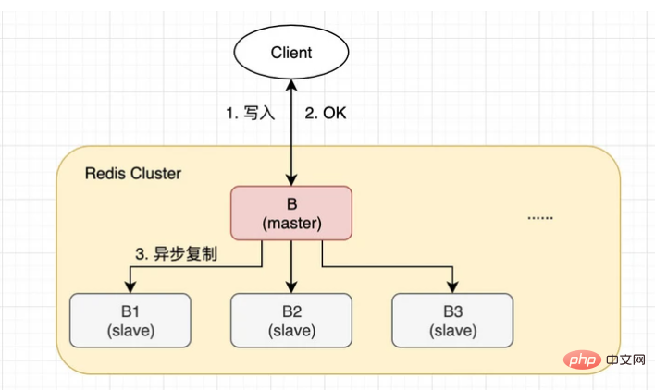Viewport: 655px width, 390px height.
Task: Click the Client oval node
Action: (291, 52)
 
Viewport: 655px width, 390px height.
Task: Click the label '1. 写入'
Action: (251, 114)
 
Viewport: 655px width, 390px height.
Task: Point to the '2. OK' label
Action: (327, 114)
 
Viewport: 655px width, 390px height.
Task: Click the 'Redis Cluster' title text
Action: (133, 174)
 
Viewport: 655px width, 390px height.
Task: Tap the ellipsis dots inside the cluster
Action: (540, 217)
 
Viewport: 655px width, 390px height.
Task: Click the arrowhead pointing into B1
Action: (130, 287)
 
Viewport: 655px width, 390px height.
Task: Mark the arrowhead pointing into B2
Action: (291, 287)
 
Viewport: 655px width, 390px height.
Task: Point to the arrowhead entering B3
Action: (452, 287)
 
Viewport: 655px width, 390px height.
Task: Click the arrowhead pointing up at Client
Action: (291, 85)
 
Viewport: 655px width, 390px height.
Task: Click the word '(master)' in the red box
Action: (291, 224)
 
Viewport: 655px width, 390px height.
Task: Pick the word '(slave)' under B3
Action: (452, 331)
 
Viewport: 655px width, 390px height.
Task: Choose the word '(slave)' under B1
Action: (130, 331)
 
